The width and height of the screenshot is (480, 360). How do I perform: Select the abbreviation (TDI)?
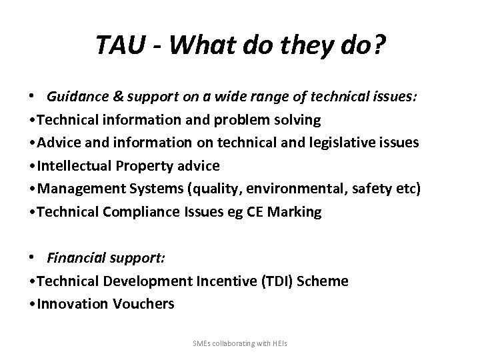(272, 281)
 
